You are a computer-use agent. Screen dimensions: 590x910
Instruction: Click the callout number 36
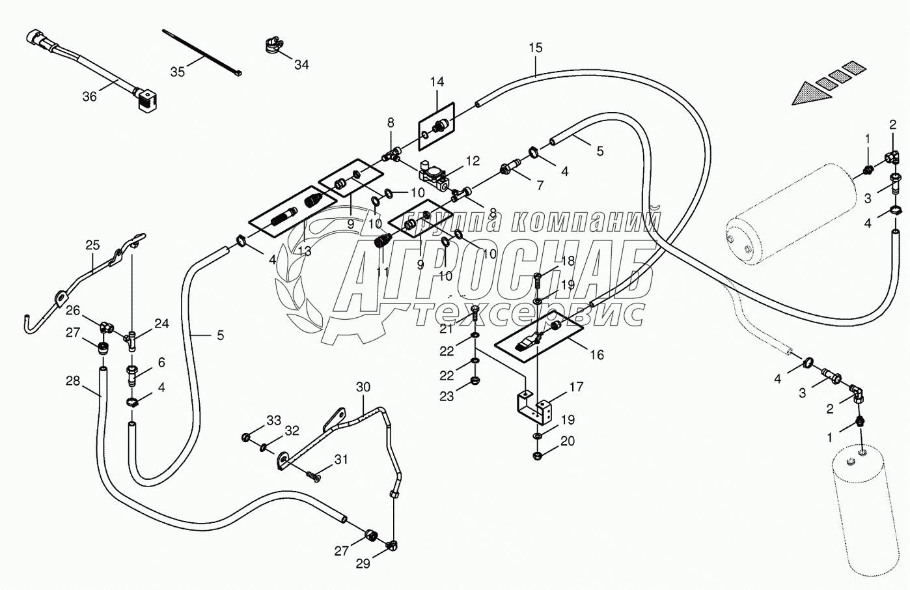[x=89, y=96]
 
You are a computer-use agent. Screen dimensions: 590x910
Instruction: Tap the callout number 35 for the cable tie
[x=177, y=72]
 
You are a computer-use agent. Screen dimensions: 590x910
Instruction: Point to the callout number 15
[x=535, y=48]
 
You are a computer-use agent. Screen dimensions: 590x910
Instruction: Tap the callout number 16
[x=596, y=355]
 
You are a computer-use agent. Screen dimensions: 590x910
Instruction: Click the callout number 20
[x=568, y=442]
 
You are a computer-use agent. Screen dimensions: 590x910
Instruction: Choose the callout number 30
[x=363, y=387]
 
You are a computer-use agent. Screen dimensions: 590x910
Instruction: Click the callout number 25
[x=92, y=245]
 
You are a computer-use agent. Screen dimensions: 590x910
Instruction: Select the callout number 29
[x=363, y=564]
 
